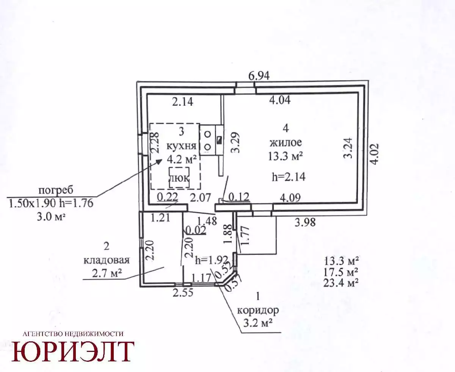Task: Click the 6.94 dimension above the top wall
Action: (x=259, y=76)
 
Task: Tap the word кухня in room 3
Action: (x=182, y=147)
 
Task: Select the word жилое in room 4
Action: (x=286, y=143)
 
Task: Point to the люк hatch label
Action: (x=179, y=178)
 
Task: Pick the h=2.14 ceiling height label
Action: (x=289, y=177)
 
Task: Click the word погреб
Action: (x=56, y=191)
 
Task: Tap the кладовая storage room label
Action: (x=107, y=260)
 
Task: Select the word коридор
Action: (x=258, y=311)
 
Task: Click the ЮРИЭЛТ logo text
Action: (x=73, y=352)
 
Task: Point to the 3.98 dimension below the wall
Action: (x=305, y=222)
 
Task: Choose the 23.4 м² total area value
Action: (x=341, y=283)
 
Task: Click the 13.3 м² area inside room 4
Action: (x=285, y=156)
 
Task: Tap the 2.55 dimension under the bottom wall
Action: (x=183, y=293)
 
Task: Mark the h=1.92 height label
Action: (x=212, y=260)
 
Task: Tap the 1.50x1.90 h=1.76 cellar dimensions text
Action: (x=51, y=203)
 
